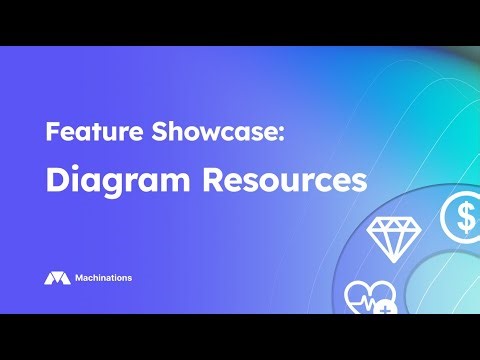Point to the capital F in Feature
(51, 132)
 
